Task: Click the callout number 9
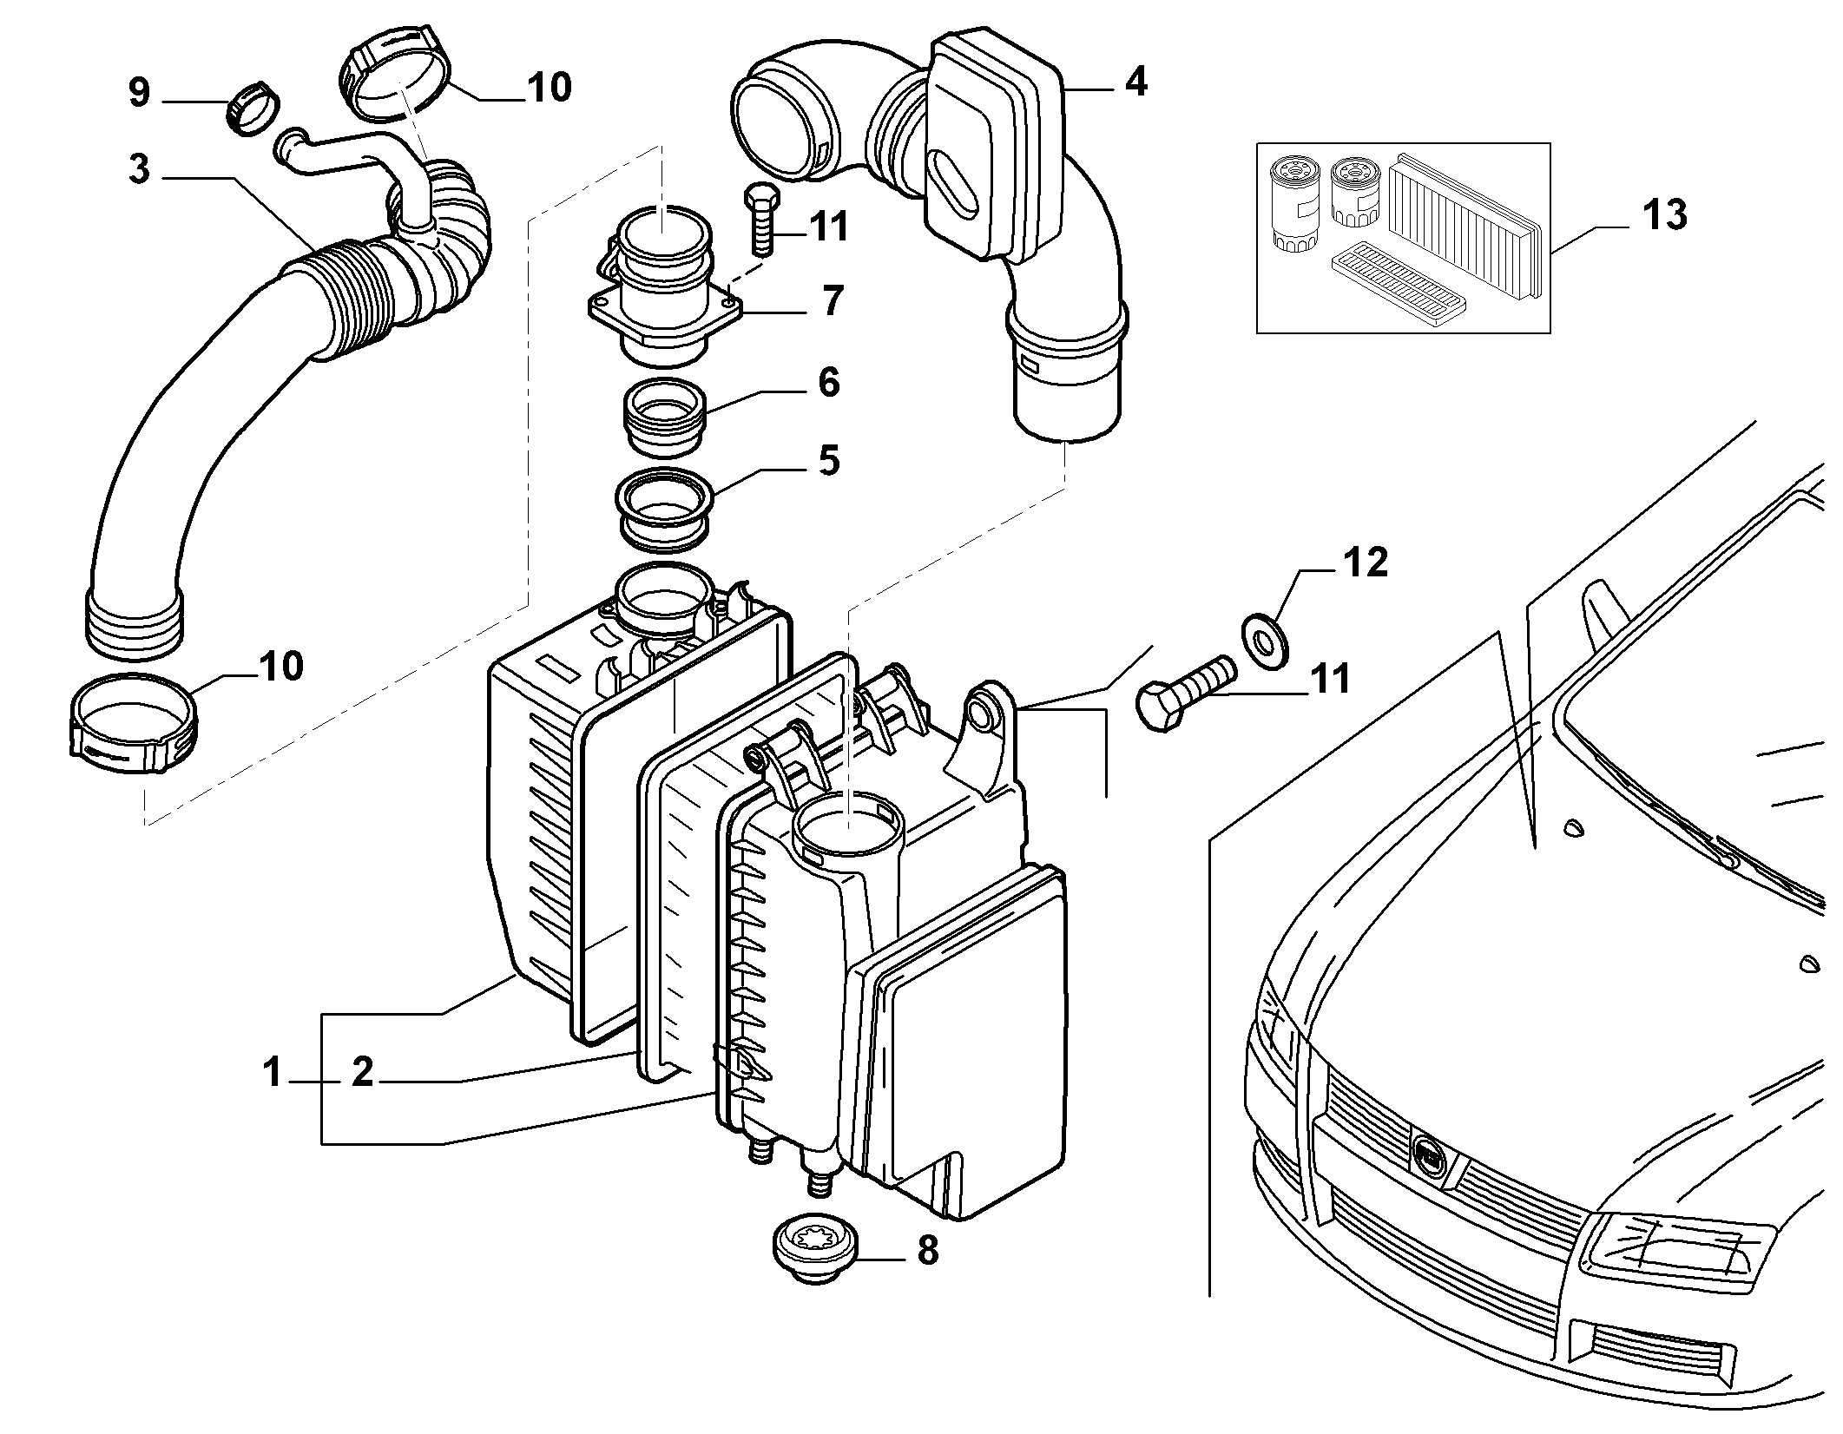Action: [139, 92]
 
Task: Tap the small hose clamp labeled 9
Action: [253, 109]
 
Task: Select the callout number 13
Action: [1664, 214]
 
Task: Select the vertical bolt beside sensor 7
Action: [760, 220]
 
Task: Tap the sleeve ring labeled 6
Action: [666, 418]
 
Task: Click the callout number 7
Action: [832, 300]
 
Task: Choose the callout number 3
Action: [139, 170]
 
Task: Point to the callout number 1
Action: [273, 1073]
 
